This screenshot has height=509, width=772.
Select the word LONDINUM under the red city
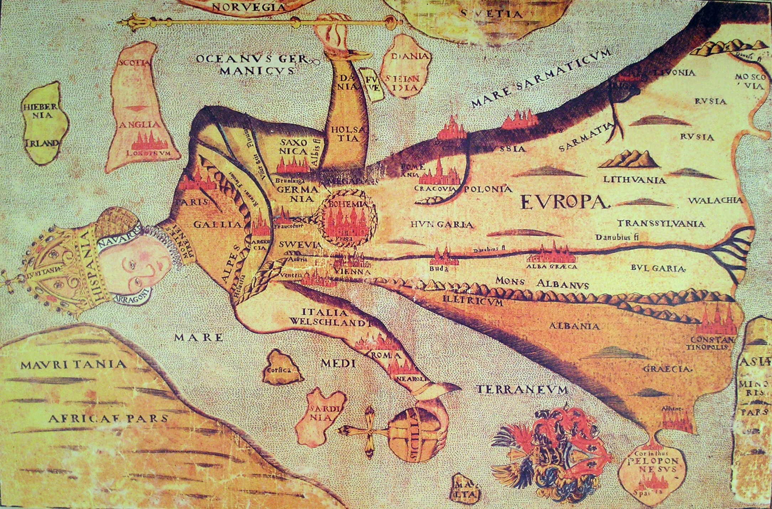click(x=149, y=153)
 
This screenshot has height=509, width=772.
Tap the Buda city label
click(x=438, y=269)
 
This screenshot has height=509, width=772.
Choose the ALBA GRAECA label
click(x=552, y=267)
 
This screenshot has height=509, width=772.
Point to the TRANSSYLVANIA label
click(x=661, y=224)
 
